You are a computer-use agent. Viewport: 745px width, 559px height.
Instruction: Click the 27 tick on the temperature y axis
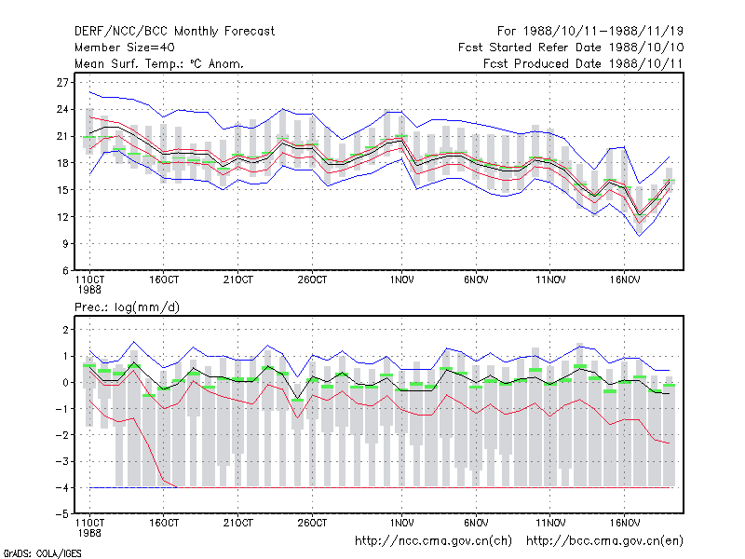click(x=62, y=83)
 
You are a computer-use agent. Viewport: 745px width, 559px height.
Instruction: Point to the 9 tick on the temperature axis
click(x=65, y=244)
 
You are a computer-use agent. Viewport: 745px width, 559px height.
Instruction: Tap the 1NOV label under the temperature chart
click(x=402, y=280)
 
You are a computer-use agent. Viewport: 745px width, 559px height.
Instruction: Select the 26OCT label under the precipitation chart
click(x=313, y=523)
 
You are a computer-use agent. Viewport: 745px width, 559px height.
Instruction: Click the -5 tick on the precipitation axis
click(x=62, y=514)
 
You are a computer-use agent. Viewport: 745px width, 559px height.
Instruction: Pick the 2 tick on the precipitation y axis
click(x=65, y=330)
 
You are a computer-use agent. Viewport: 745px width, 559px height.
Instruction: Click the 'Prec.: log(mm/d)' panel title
click(x=128, y=307)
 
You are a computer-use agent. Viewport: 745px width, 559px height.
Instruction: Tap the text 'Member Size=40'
click(x=125, y=48)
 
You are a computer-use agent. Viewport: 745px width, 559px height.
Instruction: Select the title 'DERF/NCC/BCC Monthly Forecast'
click(x=174, y=32)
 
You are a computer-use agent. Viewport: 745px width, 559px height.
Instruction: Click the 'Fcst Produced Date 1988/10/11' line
click(x=583, y=63)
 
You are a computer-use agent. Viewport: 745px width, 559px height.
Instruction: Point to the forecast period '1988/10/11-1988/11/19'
click(x=603, y=32)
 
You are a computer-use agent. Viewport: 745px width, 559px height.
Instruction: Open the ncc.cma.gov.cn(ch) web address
click(x=433, y=541)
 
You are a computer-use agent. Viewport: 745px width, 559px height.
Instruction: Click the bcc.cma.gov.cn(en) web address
click(x=604, y=541)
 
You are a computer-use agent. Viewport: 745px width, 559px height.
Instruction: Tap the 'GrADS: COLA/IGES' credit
click(x=42, y=553)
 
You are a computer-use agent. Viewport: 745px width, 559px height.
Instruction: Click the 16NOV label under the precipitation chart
click(x=625, y=523)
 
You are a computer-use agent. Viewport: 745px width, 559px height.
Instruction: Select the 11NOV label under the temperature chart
click(x=550, y=280)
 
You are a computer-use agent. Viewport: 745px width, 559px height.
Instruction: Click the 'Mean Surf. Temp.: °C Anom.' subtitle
click(x=159, y=63)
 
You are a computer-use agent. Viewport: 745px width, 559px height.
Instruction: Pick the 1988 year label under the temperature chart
click(x=89, y=290)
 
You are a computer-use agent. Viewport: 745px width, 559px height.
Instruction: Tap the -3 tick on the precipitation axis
click(x=62, y=461)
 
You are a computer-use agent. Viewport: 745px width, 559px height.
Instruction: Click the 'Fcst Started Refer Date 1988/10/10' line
click(x=571, y=48)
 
